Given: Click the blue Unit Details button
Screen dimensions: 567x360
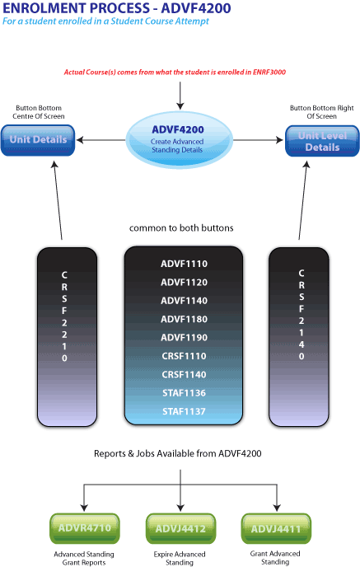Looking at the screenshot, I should (38, 140).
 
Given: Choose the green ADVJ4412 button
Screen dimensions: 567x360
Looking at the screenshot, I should (180, 528).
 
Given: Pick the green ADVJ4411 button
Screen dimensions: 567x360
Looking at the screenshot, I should (277, 528).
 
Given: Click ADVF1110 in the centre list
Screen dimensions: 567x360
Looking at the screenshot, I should (184, 264).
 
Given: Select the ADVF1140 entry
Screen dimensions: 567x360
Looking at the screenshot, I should (184, 301).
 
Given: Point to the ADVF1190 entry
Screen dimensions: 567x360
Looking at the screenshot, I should (184, 338).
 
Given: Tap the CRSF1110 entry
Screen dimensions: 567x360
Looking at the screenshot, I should (184, 356).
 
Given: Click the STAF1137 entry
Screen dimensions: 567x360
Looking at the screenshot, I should (184, 411).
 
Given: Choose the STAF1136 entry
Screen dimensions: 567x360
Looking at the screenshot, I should (184, 393).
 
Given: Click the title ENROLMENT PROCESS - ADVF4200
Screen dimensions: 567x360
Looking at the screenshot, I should (116, 8).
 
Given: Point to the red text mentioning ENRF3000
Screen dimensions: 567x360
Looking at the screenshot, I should (180, 73).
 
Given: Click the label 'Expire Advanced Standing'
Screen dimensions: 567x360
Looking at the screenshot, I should (180, 558).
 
